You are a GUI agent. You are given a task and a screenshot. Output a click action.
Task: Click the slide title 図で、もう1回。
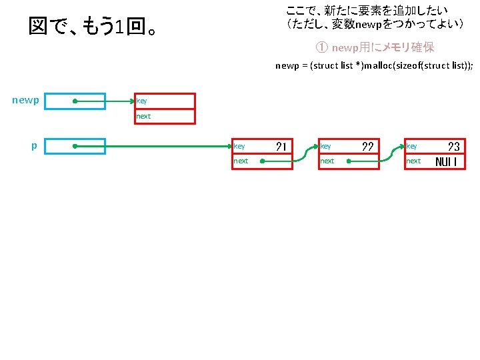(x=94, y=28)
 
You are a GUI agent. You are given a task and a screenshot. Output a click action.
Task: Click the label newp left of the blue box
(x=25, y=101)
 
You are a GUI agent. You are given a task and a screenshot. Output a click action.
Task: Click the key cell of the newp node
(x=165, y=101)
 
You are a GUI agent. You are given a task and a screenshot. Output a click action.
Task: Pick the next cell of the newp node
(x=165, y=116)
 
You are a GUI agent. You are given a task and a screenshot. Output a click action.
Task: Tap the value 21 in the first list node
(x=281, y=146)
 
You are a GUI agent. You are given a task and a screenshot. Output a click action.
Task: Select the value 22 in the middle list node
(x=367, y=146)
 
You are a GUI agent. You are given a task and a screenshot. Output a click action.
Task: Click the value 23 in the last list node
(x=453, y=146)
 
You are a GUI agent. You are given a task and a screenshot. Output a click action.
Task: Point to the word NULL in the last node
(x=446, y=161)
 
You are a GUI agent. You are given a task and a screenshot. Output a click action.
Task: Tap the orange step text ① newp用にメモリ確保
(x=375, y=48)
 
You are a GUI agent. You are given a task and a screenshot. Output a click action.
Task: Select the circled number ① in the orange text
(x=321, y=48)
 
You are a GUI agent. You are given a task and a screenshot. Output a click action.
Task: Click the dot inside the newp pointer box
(x=75, y=101)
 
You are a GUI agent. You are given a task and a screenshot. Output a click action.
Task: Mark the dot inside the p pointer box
(x=75, y=145)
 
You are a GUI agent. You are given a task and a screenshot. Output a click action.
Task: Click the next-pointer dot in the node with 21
(x=263, y=161)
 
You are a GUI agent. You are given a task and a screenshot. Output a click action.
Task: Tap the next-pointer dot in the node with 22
(x=350, y=161)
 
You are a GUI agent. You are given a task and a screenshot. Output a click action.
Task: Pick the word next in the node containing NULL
(x=413, y=161)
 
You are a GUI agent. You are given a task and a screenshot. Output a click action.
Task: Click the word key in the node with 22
(x=325, y=146)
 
